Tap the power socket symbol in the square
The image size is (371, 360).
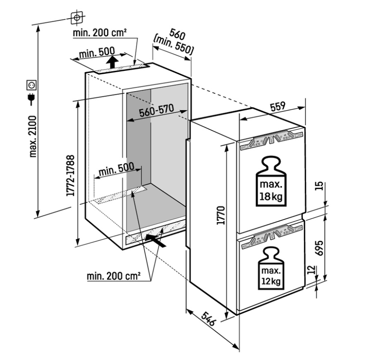point(32,85)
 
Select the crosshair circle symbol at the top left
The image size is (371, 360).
point(76,17)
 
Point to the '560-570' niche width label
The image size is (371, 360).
point(156,111)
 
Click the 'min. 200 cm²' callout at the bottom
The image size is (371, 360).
point(114,276)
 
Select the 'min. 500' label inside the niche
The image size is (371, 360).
point(116,170)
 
